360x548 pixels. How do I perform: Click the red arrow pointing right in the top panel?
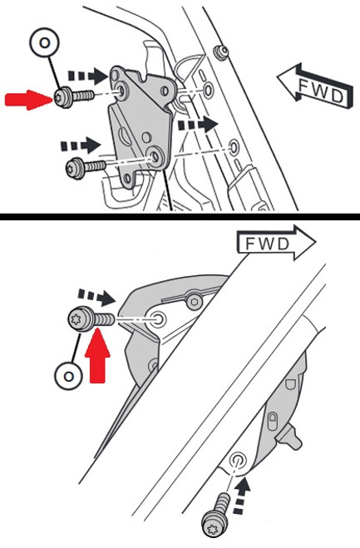click(28, 100)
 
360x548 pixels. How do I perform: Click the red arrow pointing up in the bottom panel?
click(97, 355)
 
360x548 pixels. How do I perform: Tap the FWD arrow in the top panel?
click(315, 86)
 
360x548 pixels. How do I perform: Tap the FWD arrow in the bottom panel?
click(276, 243)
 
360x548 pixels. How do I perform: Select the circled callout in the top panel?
click(44, 42)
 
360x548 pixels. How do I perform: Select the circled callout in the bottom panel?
click(69, 377)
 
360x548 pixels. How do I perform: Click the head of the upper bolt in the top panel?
click(63, 98)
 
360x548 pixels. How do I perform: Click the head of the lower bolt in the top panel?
click(75, 169)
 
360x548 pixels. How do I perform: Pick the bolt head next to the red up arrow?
click(81, 318)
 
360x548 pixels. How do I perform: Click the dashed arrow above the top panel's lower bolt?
click(81, 145)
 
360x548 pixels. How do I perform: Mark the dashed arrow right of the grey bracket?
click(198, 125)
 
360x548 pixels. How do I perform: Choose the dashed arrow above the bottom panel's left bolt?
click(96, 297)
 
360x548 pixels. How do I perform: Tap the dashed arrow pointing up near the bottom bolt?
click(241, 496)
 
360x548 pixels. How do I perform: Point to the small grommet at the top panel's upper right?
click(221, 52)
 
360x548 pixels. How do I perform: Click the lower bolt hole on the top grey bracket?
click(154, 156)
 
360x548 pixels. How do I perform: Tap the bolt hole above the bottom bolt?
click(238, 460)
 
